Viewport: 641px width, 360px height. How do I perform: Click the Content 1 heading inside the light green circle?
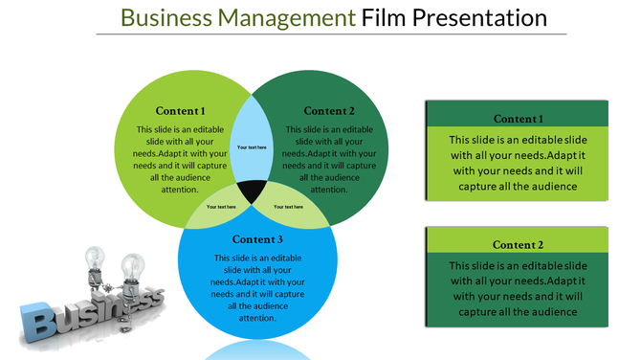coord(181,110)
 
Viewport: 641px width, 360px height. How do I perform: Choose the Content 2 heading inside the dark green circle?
coord(329,110)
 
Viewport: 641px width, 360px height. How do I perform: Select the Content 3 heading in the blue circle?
coord(257,239)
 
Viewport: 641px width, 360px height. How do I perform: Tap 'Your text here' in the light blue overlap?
coord(253,147)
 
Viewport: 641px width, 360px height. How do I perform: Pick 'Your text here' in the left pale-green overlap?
coord(221,206)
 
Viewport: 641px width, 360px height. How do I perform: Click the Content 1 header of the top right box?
coord(518,119)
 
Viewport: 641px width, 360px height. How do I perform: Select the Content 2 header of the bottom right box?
coord(518,245)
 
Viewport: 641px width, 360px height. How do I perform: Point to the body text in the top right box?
coord(518,163)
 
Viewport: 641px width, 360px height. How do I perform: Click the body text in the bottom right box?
coord(518,288)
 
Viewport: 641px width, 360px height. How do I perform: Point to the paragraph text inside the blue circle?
coord(257,287)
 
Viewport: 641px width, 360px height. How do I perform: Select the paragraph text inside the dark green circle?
coord(330,159)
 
